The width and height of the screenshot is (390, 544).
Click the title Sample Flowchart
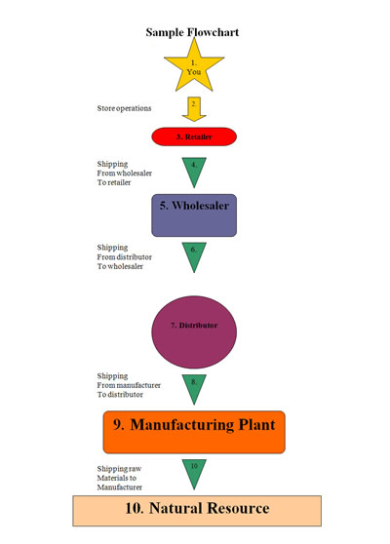coord(192,31)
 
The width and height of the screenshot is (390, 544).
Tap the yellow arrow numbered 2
coord(193,106)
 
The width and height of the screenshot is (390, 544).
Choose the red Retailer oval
coord(193,137)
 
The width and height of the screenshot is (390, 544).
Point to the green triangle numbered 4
coord(193,169)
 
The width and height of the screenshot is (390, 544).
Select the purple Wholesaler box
coord(193,214)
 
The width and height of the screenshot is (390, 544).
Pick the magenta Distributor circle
coord(193,324)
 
